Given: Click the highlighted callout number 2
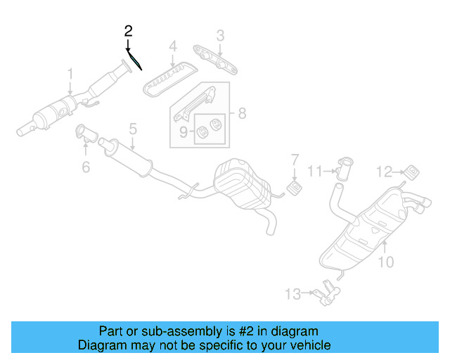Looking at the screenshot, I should (128, 30).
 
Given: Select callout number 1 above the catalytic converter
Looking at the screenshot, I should (70, 72).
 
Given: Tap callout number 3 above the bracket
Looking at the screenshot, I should (219, 34).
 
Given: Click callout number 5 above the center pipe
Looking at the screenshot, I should (131, 129).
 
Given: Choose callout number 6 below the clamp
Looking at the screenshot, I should (86, 167).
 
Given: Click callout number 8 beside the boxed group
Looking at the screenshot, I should (241, 112).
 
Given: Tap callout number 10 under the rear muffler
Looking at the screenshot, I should (386, 262).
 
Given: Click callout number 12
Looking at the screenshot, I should (383, 171).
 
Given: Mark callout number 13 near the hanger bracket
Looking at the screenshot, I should (292, 293).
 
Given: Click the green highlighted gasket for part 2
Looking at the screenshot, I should (135, 61).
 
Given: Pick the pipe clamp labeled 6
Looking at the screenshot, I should (82, 131).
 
